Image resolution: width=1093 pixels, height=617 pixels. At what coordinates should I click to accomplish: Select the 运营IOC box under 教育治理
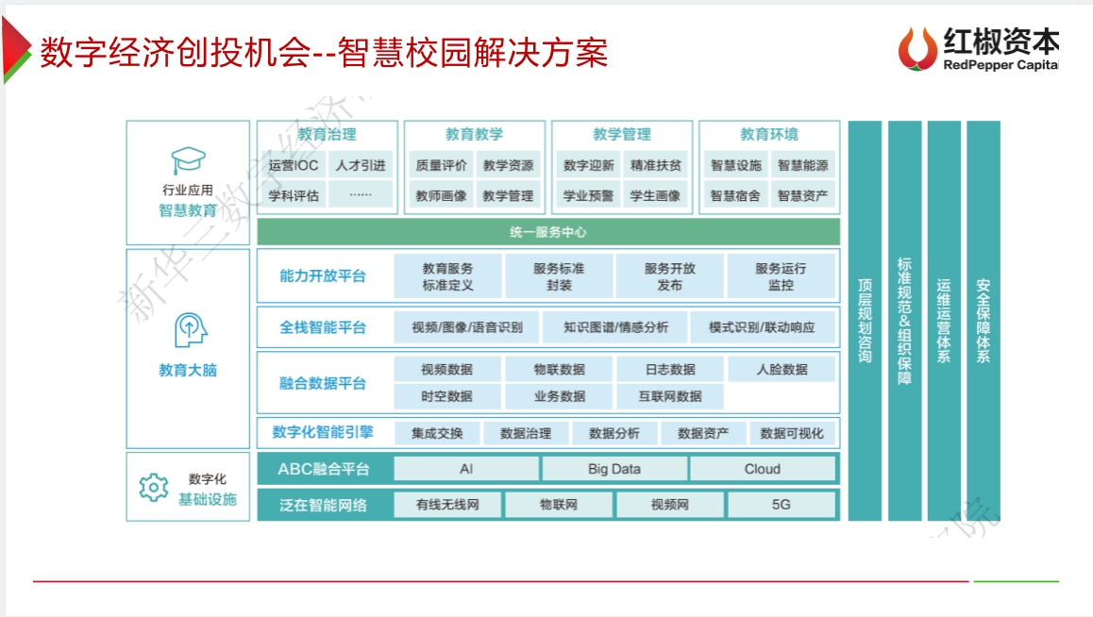point(293,165)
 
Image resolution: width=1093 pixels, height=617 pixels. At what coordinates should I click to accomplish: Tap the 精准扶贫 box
point(655,165)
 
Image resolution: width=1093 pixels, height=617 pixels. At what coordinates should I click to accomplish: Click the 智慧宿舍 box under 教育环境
point(735,196)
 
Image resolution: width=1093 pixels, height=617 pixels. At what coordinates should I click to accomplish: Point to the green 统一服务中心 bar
point(548,231)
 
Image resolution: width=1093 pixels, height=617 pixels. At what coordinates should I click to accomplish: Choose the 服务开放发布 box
point(669,276)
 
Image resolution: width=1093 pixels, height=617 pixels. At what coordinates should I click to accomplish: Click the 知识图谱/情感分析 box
point(615,327)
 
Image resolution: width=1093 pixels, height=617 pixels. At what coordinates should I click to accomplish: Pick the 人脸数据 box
point(782,369)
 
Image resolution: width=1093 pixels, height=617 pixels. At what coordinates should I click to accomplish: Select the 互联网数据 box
point(669,396)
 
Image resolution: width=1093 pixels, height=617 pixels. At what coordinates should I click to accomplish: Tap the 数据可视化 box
point(791,433)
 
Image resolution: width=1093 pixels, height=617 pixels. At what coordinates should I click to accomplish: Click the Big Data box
point(614,469)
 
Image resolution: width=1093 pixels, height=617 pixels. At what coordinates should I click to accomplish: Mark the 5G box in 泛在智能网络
point(781,505)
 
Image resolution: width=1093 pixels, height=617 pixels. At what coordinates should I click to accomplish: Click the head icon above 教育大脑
point(188,330)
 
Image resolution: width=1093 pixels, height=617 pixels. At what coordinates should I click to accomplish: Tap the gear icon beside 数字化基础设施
point(153,487)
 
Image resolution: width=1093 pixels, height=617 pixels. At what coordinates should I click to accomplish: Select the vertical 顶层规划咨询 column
point(865,321)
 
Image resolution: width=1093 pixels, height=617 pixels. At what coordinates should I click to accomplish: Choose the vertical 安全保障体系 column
point(983,321)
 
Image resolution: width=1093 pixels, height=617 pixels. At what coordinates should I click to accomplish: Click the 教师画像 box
point(440,196)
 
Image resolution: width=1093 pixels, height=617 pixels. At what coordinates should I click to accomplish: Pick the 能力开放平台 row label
point(322,276)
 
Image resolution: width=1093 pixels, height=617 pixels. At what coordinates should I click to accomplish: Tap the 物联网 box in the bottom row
point(558,505)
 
